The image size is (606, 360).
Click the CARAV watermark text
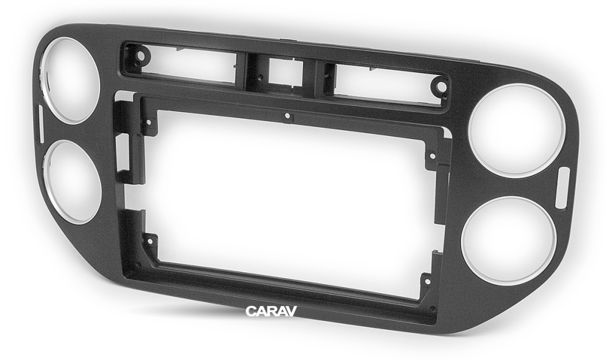click(271, 312)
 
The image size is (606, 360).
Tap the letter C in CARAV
click(250, 312)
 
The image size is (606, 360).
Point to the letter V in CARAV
click(291, 312)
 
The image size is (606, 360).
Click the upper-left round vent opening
click(71, 81)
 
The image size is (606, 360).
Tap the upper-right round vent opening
click(517, 130)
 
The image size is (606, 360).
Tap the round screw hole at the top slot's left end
click(141, 56)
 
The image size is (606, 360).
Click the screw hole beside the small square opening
click(261, 77)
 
